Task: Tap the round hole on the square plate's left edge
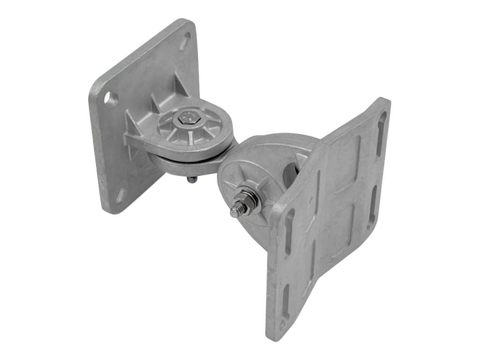(x=110, y=99)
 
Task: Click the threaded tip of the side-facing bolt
(x=235, y=211)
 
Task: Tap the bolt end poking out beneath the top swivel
(x=192, y=180)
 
